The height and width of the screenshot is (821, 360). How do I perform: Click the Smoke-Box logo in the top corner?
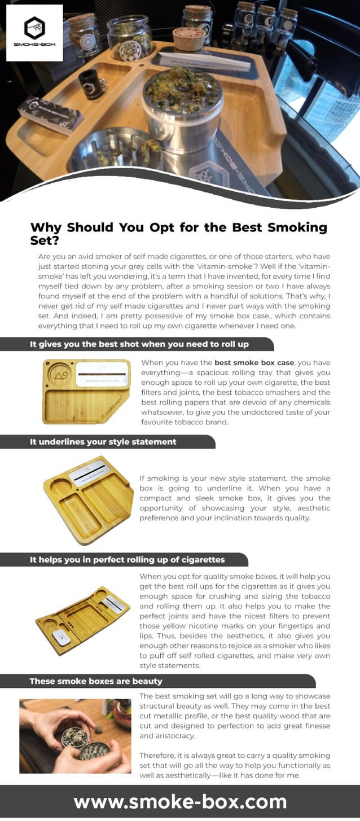pos(34,33)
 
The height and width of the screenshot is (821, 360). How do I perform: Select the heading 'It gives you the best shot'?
pos(139,344)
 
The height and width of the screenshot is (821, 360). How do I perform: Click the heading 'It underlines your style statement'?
pos(103,442)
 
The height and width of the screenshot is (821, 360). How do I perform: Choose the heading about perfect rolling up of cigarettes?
pos(127,560)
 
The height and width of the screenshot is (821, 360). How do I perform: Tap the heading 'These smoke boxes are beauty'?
pos(96,681)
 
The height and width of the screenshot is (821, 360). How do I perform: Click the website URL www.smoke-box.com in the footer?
pos(180,802)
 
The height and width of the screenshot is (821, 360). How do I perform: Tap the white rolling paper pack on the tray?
pos(204,60)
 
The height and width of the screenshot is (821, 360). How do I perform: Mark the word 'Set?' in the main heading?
pos(44,240)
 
